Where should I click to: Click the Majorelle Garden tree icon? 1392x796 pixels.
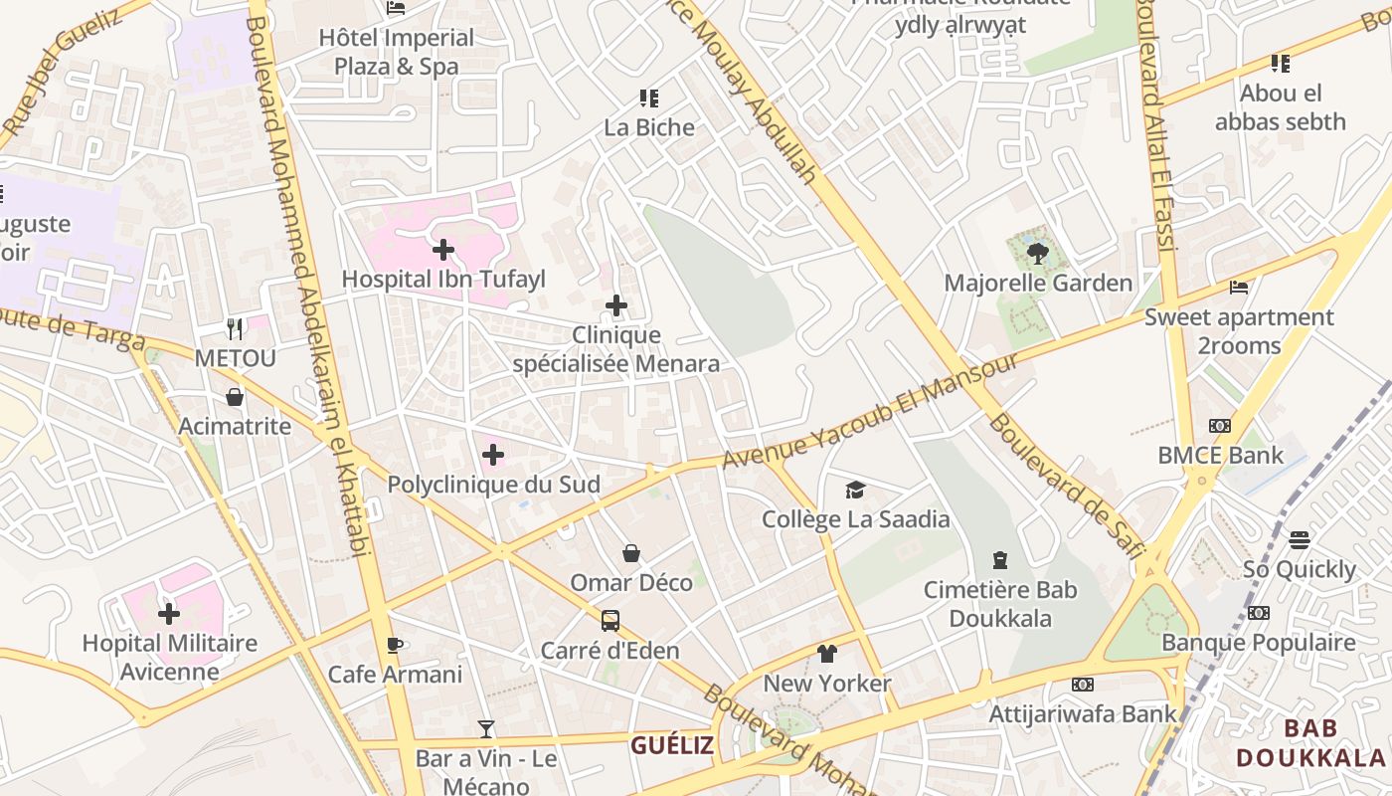pos(1037,253)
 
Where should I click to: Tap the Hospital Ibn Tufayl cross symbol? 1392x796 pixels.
pos(443,249)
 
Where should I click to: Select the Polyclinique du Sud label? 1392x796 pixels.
pos(493,485)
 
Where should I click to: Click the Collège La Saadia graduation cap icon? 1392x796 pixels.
pos(855,489)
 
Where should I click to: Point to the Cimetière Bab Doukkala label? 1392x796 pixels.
pos(1000,604)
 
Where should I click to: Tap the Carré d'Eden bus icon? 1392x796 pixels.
pos(609,620)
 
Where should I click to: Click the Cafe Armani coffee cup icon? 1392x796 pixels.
pos(395,644)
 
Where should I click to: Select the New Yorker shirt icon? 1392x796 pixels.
pos(826,653)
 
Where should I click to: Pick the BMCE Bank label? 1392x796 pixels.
pos(1220,456)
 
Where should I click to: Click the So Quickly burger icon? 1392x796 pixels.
pos(1299,539)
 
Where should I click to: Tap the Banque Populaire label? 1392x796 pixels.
pos(1258,642)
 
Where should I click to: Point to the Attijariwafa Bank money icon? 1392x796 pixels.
pos(1083,684)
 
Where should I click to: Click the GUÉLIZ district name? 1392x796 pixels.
pos(672,745)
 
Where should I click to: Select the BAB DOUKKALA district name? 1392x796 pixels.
pos(1309,743)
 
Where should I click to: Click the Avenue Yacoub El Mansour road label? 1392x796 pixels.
pos(870,411)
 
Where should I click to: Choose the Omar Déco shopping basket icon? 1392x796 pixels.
pos(630,552)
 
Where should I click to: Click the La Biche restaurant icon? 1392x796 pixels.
pos(649,98)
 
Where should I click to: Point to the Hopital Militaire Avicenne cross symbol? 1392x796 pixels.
pos(169,613)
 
